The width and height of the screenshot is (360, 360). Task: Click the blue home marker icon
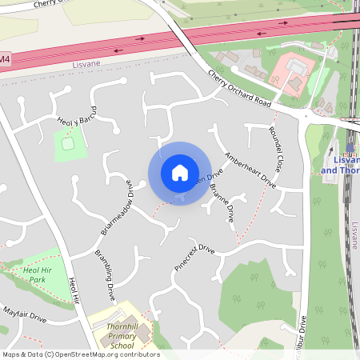point(180,173)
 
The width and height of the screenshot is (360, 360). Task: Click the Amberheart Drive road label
point(250,170)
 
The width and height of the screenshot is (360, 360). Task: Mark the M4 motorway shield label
point(6,59)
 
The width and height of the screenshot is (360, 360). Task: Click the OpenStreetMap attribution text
point(80,354)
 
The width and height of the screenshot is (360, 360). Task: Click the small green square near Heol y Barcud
point(68,143)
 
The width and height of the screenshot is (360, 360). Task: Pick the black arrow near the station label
point(330,147)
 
